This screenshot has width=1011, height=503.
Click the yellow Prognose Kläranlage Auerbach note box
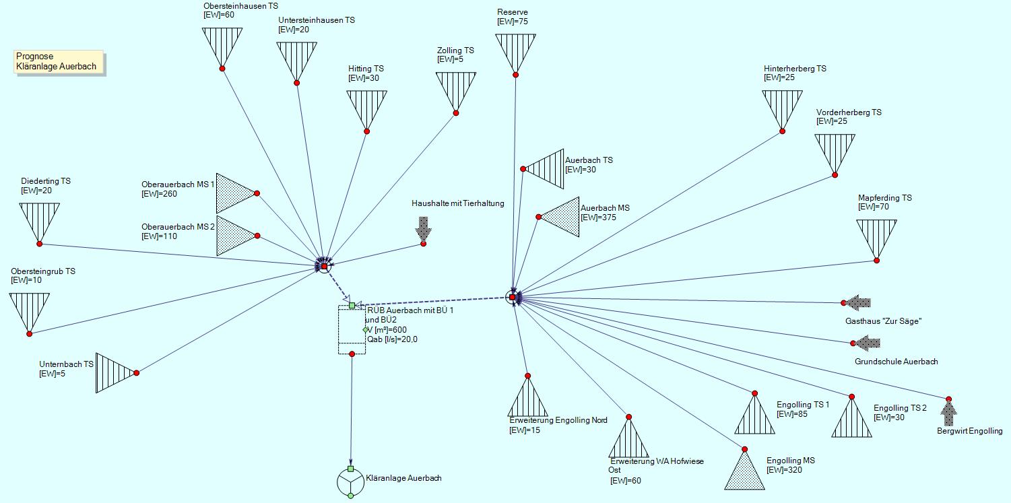(x=59, y=61)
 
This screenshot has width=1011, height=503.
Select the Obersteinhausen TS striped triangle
(x=222, y=44)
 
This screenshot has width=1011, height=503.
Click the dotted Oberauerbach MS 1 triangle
(x=234, y=193)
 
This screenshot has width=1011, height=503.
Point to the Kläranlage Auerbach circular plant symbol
(x=350, y=482)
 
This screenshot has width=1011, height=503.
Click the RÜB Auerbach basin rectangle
(x=351, y=330)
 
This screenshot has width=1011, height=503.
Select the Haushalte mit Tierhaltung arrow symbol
(x=423, y=230)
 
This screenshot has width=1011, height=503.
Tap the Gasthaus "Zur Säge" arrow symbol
(x=858, y=303)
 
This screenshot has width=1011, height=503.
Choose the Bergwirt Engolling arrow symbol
(x=948, y=412)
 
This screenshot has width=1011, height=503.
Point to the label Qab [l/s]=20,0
(x=392, y=339)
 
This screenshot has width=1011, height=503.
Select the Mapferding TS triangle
(x=876, y=236)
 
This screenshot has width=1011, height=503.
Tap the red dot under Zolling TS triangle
(x=456, y=113)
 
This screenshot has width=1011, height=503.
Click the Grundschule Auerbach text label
(x=896, y=362)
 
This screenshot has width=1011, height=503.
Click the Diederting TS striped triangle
(x=39, y=220)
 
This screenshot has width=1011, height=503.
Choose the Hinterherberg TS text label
(x=795, y=69)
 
